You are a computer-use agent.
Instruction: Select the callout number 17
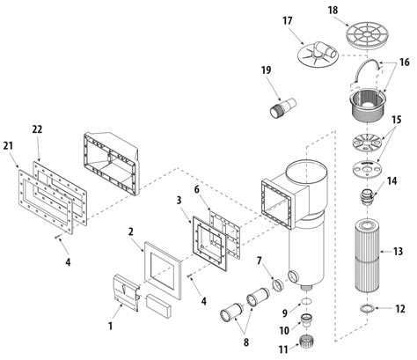(287, 20)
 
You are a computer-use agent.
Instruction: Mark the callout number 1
(111, 326)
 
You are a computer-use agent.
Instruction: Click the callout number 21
(9, 144)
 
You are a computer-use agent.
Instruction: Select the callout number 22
(37, 131)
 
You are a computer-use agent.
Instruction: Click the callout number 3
(179, 202)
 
